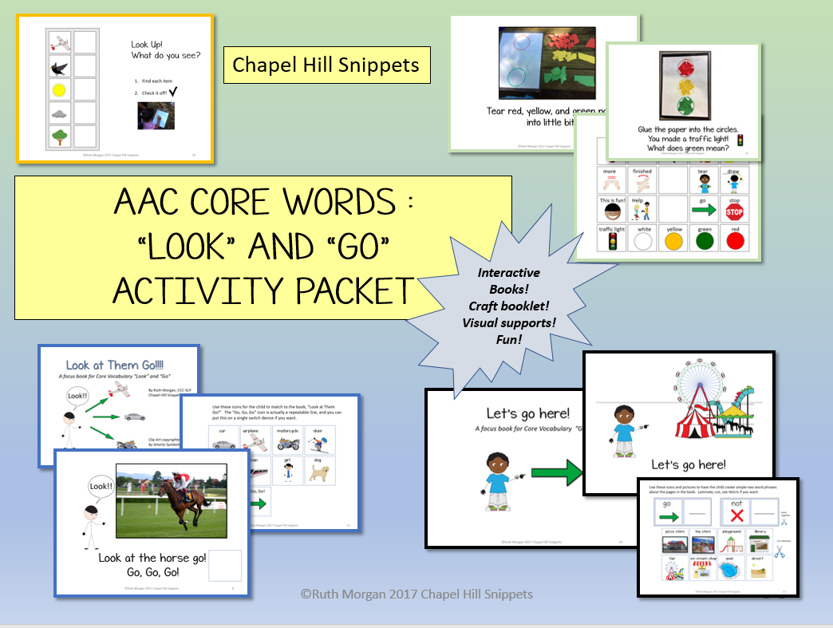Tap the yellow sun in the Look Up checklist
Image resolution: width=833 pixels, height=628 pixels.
click(x=59, y=89)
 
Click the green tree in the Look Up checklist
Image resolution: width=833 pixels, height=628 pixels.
click(x=59, y=137)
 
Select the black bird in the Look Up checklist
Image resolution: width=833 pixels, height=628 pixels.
click(x=59, y=65)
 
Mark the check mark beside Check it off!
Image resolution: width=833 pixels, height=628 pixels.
click(x=195, y=93)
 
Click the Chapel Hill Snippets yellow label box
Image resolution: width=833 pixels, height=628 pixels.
click(x=326, y=65)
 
